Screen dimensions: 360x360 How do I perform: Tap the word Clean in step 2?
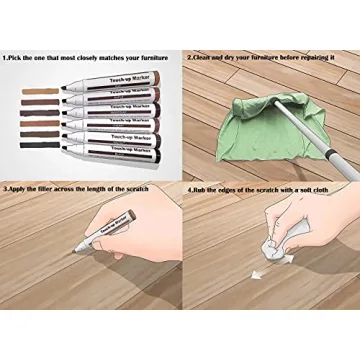pos(205,59)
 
